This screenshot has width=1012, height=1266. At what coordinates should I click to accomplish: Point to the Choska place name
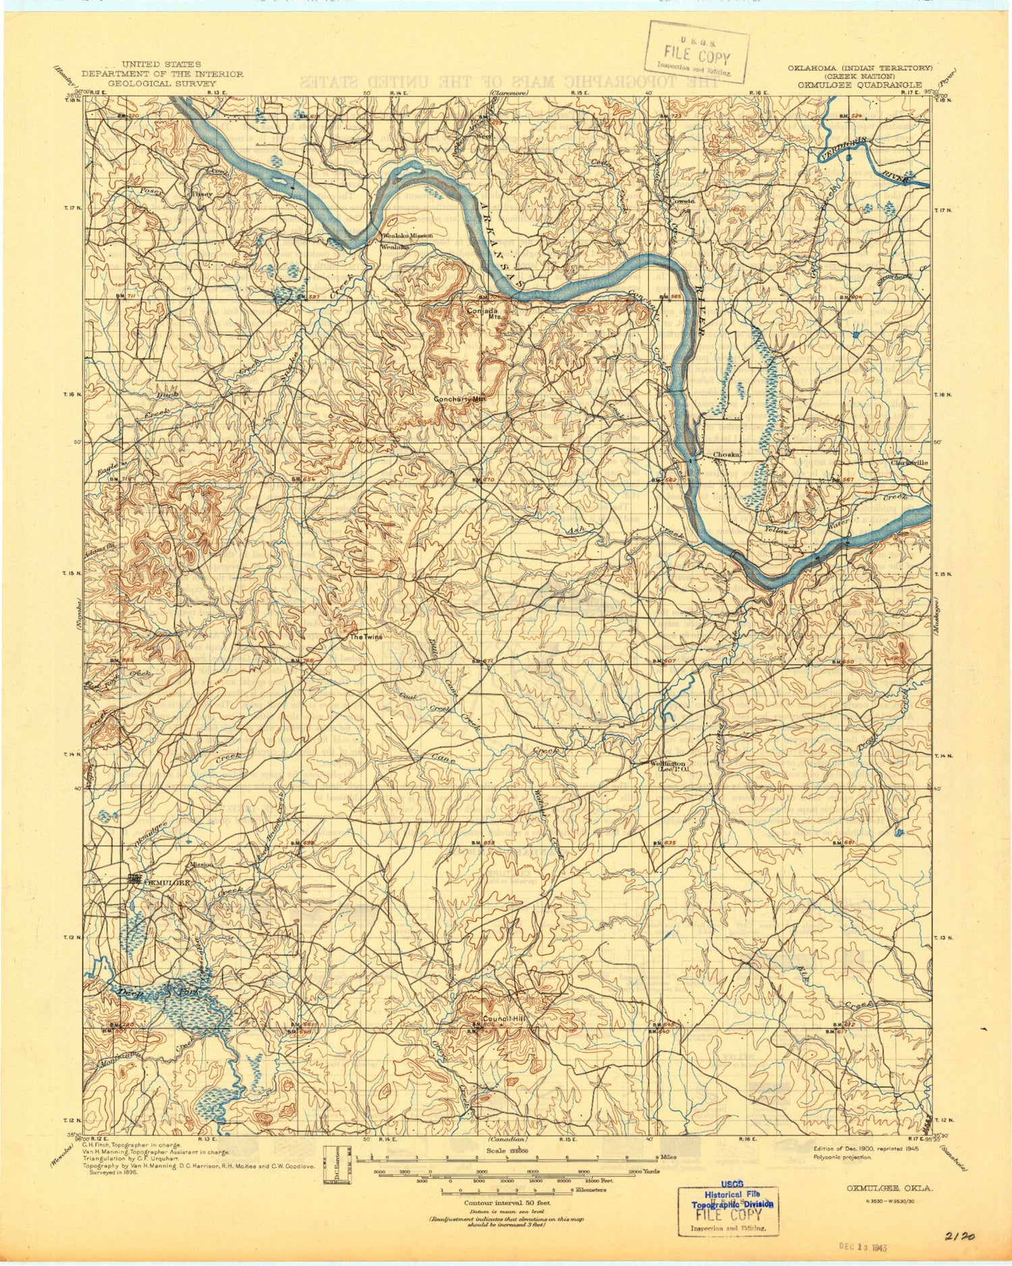tap(727, 454)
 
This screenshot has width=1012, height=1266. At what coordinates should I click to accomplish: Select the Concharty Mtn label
tap(459, 399)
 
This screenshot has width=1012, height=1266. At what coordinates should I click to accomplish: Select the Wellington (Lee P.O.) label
tap(668, 765)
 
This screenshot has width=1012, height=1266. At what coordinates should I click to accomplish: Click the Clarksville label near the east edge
tap(909, 463)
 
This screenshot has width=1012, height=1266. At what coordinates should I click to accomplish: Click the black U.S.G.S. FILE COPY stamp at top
tap(696, 52)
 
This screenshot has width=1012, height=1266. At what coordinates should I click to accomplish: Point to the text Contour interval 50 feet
tap(507, 1203)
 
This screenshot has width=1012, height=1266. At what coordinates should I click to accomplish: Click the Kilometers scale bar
tap(507, 1190)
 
